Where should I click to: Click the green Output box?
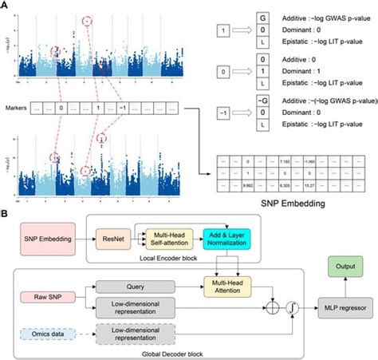coord(344,266)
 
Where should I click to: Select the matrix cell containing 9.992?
coord(248,180)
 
